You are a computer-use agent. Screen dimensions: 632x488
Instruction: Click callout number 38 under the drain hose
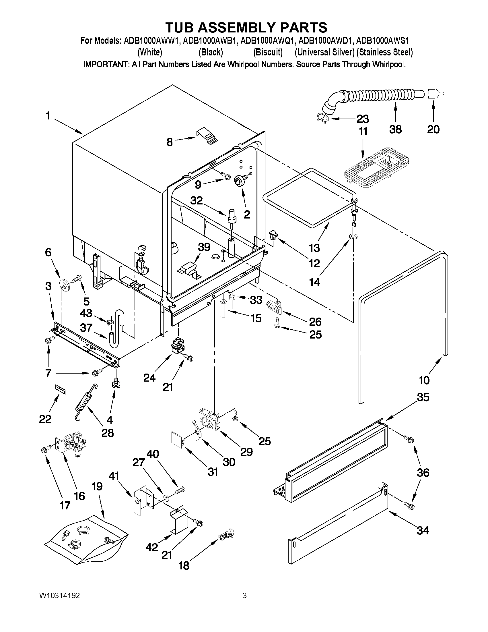click(x=395, y=129)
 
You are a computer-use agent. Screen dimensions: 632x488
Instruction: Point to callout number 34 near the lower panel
click(x=422, y=530)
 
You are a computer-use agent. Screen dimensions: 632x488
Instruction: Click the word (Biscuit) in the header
click(x=268, y=52)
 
